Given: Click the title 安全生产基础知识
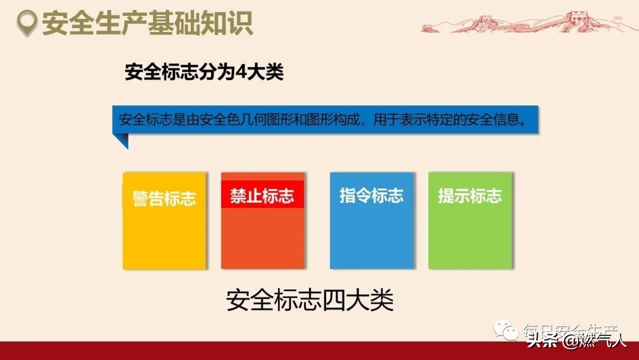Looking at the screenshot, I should point(147,24).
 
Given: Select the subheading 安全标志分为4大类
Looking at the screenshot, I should point(204,73).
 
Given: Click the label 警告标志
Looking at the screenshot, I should point(164,198).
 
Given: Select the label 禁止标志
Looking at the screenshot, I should point(262,197).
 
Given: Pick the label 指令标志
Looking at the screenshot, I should point(372,196).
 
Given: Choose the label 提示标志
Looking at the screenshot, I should point(470,196).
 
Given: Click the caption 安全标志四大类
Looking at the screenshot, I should point(310,301).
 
